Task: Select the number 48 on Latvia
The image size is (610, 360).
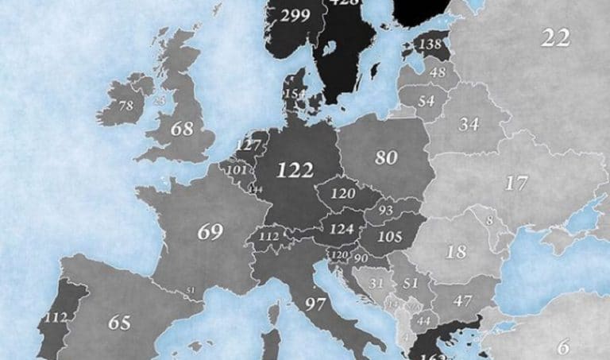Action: [x=437, y=73]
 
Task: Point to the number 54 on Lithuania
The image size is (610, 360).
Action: [x=427, y=101]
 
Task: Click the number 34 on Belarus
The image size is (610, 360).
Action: [x=469, y=124]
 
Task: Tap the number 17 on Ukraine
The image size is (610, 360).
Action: [x=516, y=183]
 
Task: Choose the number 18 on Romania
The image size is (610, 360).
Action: [x=456, y=253]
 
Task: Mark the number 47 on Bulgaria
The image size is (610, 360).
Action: [x=462, y=300]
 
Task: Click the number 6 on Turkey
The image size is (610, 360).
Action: [x=563, y=346]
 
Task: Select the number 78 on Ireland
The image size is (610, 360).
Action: [x=125, y=106]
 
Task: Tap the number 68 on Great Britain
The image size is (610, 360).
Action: [x=182, y=128]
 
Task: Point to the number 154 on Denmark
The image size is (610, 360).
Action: [x=295, y=95]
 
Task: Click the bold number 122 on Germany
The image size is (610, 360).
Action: [x=295, y=169]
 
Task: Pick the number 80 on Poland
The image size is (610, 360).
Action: [x=386, y=157]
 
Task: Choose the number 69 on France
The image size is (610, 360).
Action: [x=210, y=232]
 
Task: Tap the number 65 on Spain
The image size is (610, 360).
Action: [x=118, y=323]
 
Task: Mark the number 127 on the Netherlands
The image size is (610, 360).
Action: [x=249, y=145]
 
